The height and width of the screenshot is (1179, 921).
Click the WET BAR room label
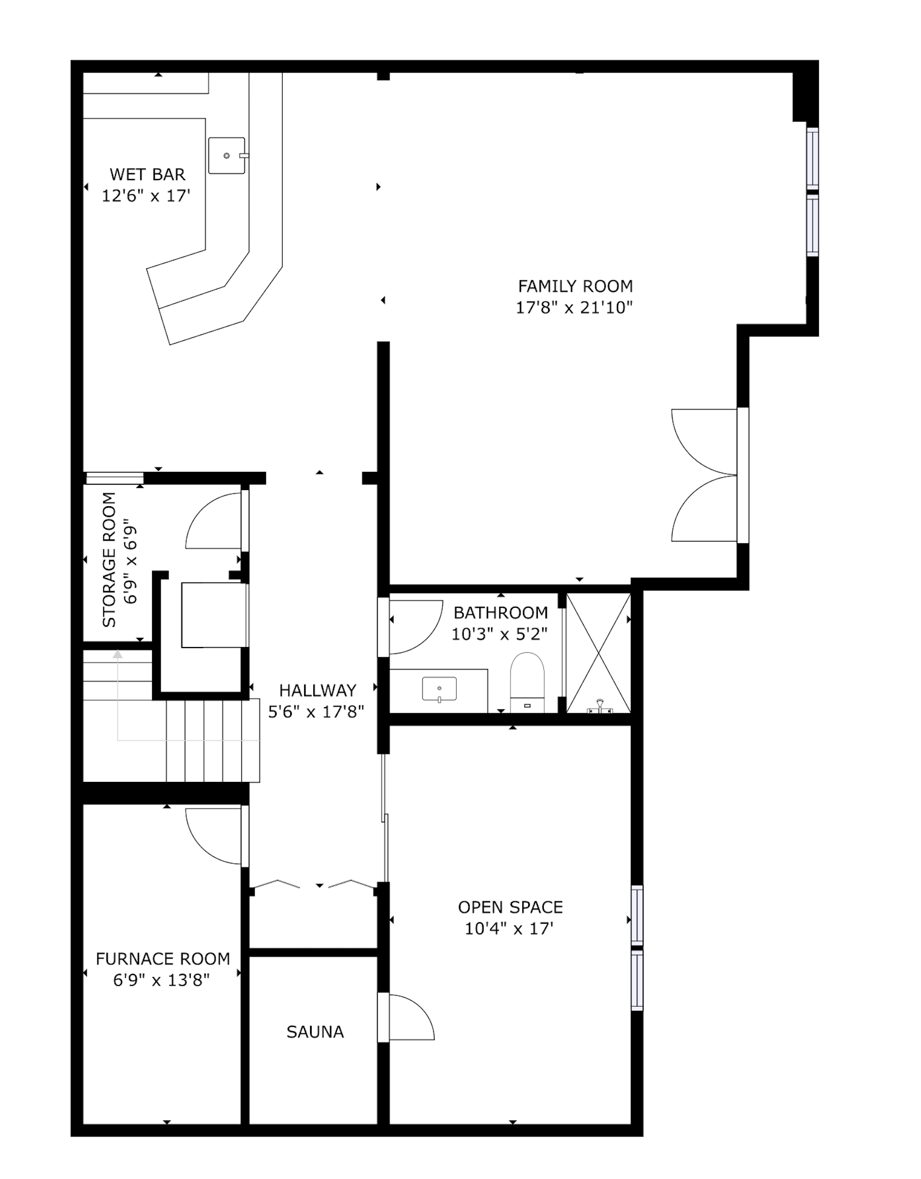(147, 174)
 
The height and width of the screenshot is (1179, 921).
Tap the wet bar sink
(227, 155)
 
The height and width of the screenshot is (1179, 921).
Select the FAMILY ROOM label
(575, 286)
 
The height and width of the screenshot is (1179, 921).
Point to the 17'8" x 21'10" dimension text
(574, 308)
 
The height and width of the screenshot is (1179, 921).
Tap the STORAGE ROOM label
(109, 559)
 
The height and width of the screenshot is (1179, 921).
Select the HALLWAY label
(318, 691)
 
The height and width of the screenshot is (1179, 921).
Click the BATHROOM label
(501, 613)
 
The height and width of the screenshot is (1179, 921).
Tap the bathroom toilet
(528, 682)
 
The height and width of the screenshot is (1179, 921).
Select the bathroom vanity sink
(440, 689)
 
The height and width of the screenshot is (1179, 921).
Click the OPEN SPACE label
(510, 907)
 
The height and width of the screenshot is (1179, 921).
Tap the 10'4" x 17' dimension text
(509, 929)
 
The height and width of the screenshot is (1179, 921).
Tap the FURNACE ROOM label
(163, 959)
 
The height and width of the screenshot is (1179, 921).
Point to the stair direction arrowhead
(118, 655)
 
